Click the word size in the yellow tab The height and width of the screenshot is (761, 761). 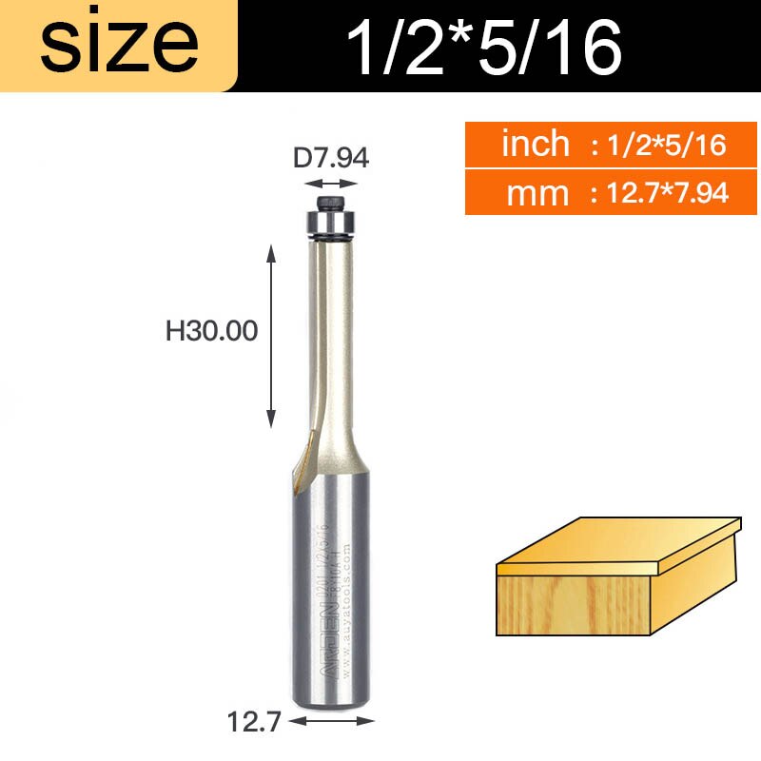point(118,45)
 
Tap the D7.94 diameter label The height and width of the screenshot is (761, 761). point(330,157)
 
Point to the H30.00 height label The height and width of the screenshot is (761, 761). point(212,331)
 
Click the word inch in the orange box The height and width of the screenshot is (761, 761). point(535,145)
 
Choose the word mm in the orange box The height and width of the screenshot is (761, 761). point(537,193)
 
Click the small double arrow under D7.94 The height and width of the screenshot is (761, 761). point(331,185)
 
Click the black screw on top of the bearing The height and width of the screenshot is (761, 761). point(329,203)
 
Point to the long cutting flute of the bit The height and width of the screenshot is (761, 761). point(329,333)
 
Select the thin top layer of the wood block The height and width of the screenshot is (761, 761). point(618,547)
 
